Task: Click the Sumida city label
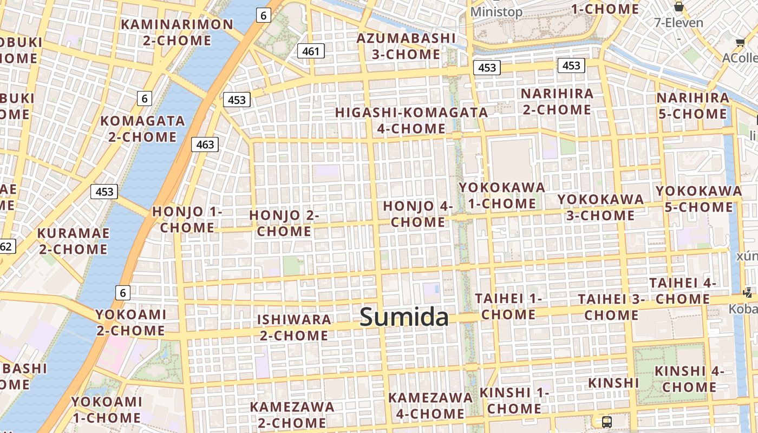point(404,317)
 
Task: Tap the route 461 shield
point(311,51)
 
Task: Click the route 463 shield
point(205,145)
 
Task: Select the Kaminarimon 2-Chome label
point(177,32)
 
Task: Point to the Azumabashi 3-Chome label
point(406,47)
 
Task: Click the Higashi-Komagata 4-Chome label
point(411,121)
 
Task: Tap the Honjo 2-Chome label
point(284,223)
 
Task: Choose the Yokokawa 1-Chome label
point(502,195)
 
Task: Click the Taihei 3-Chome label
point(611,307)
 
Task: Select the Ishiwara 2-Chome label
point(294,327)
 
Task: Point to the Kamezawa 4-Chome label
point(430,405)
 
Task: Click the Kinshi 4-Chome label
point(689,379)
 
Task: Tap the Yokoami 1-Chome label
point(107,410)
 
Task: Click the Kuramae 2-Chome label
point(73,241)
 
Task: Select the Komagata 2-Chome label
point(142,128)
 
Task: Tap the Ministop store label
point(496,12)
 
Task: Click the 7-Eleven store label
point(678,23)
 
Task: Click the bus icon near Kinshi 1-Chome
point(607,422)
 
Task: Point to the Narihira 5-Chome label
point(692,106)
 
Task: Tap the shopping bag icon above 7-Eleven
point(678,6)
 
